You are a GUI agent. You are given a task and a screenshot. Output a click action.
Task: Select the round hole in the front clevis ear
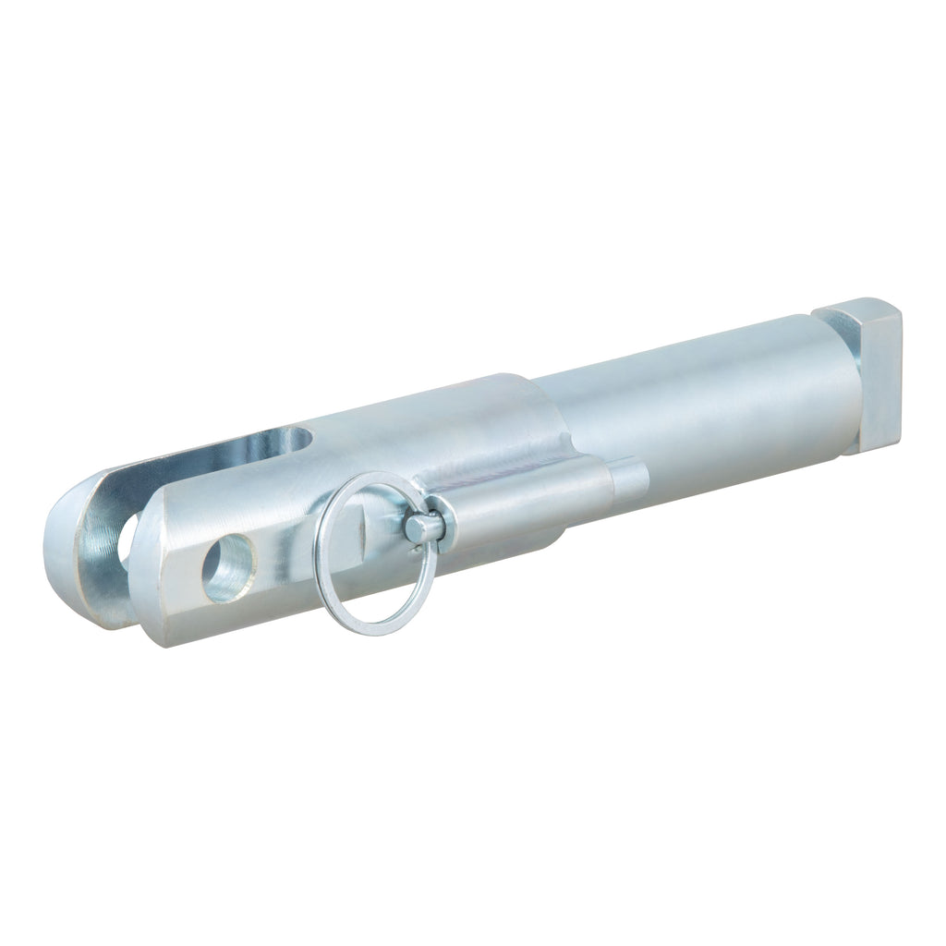[227, 568]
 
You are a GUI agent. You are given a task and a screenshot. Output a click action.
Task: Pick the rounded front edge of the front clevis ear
[152, 573]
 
